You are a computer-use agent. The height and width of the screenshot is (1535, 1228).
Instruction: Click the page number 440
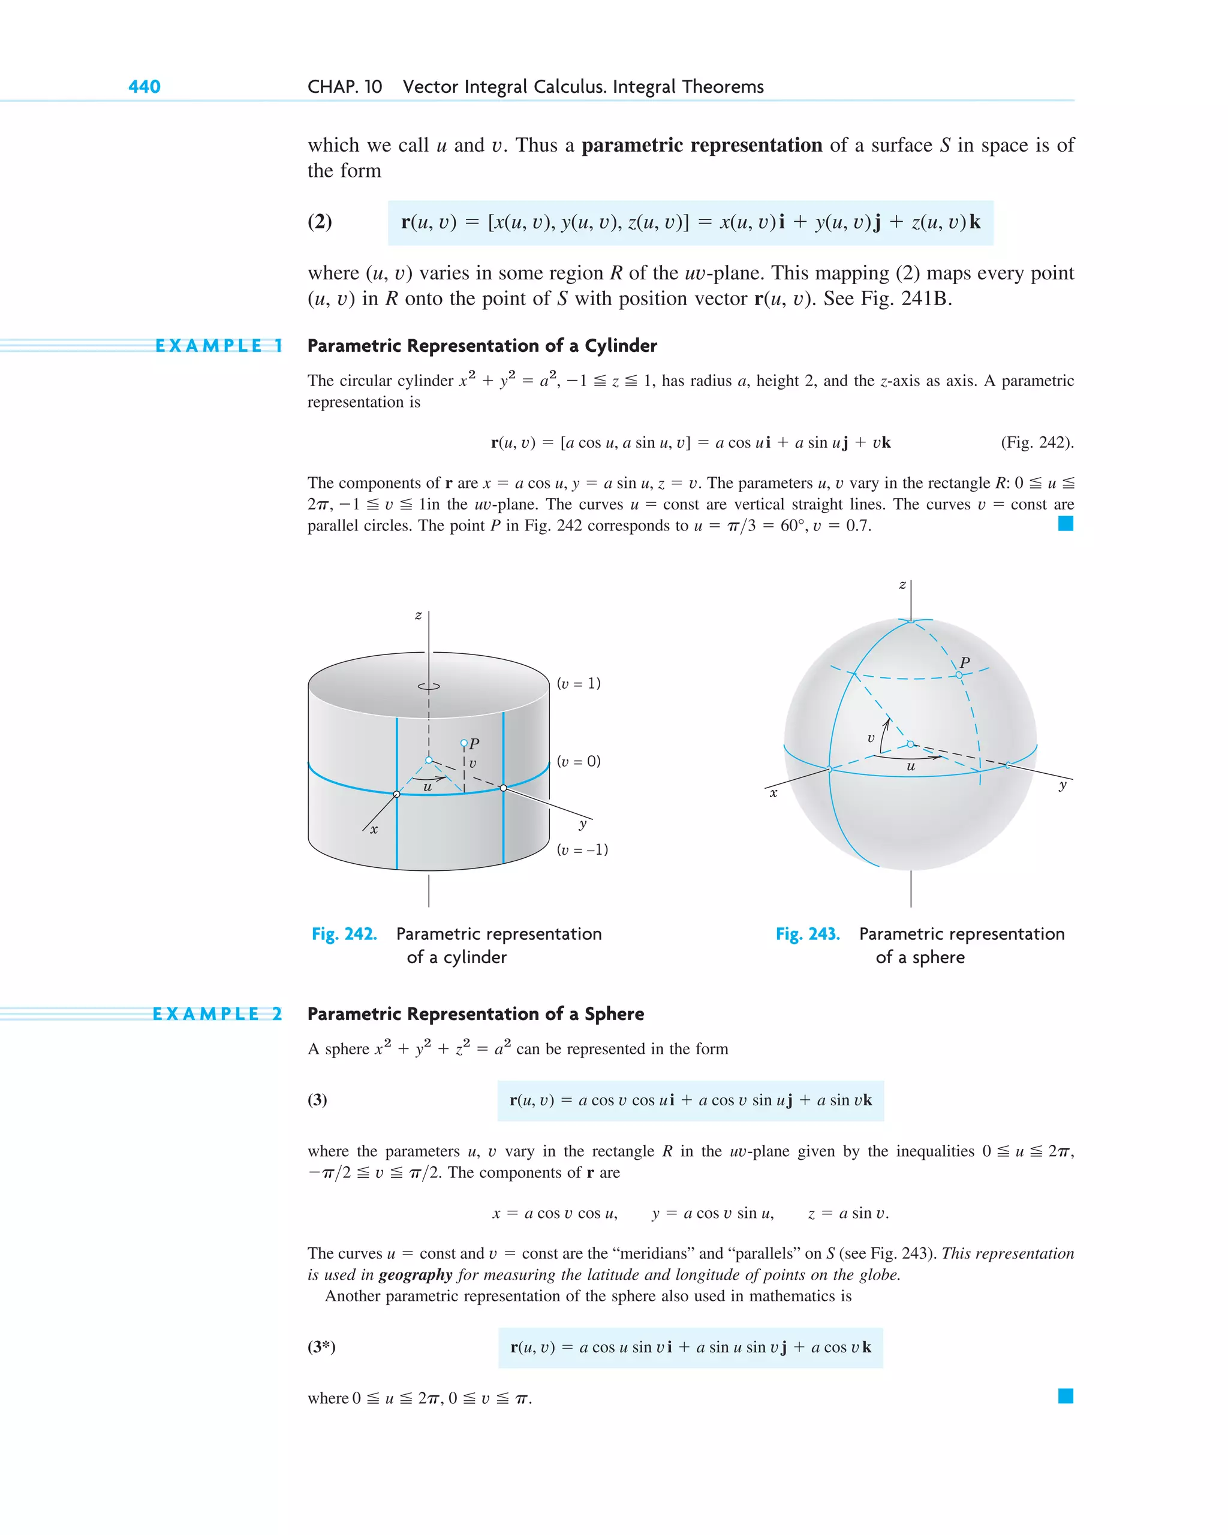[144, 87]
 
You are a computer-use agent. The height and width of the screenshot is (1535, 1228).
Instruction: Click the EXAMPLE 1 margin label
[219, 346]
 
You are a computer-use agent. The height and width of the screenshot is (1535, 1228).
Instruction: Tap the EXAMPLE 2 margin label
[216, 1014]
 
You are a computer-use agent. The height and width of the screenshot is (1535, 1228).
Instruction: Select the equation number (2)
[320, 222]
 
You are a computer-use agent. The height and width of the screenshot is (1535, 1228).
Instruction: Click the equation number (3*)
[321, 1346]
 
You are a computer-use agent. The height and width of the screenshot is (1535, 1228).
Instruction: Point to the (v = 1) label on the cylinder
[579, 683]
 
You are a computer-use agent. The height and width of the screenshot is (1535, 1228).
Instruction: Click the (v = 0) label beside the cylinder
[579, 762]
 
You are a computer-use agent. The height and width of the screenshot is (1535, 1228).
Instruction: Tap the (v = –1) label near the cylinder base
[582, 849]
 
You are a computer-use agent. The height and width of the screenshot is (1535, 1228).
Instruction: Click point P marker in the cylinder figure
[463, 743]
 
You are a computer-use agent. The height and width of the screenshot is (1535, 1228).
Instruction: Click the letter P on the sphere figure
[964, 662]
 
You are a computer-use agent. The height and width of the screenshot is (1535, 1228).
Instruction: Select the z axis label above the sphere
[902, 585]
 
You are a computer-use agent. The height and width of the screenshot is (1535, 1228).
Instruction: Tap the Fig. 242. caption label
[344, 934]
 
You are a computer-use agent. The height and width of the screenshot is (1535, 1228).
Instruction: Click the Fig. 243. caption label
[807, 934]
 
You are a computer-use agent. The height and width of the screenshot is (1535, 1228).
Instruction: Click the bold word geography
[416, 1274]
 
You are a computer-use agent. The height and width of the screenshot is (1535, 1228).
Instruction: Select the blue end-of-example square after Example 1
[1066, 524]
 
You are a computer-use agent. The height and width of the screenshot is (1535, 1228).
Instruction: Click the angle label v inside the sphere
[871, 738]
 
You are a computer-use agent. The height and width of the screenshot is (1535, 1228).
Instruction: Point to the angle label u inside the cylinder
[428, 788]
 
